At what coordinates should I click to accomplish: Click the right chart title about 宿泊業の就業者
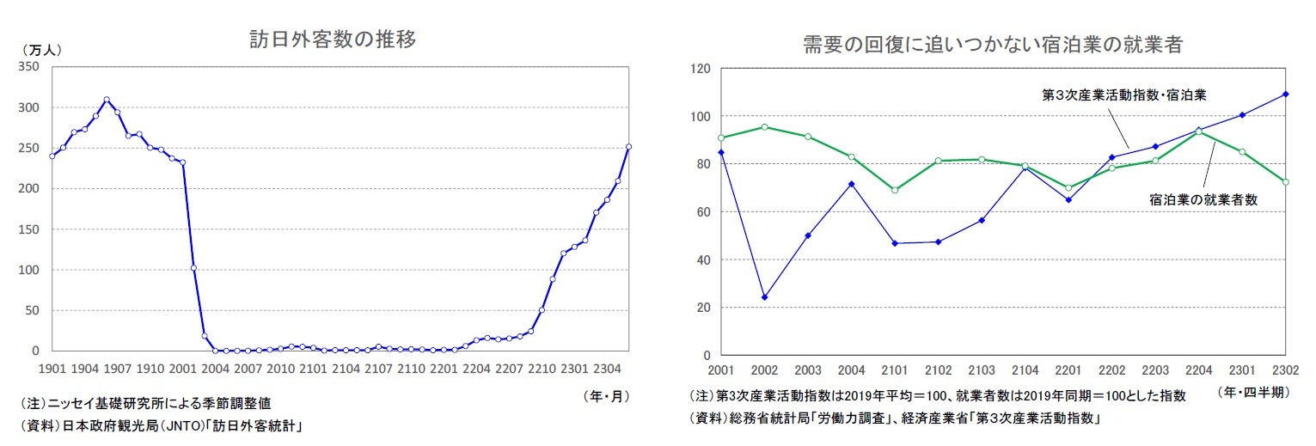pos(993,45)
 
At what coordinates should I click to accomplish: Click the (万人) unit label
pos(40,50)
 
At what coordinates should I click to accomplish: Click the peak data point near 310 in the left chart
pos(107,100)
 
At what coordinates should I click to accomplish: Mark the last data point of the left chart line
pos(628,147)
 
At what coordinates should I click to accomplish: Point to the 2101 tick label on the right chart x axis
pos(895,371)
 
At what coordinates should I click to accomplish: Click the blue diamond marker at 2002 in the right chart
pos(764,297)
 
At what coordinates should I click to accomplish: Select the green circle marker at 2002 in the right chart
pos(764,127)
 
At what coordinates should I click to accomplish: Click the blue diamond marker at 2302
pos(1286,95)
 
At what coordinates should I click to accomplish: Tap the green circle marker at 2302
pos(1286,182)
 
